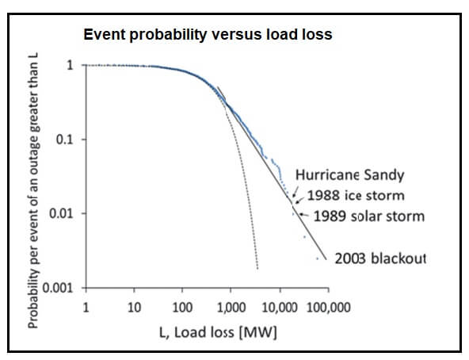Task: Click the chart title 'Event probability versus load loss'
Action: (208, 35)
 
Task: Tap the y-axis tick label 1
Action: (70, 65)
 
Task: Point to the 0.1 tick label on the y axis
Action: (65, 140)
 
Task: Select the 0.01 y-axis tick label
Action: (61, 213)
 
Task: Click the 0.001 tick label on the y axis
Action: (58, 288)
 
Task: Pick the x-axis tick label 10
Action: (134, 308)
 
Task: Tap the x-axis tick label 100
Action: (182, 308)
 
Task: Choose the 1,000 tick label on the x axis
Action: (231, 308)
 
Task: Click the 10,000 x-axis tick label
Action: (280, 308)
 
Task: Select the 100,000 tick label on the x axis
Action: (329, 308)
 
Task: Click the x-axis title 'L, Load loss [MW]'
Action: (218, 332)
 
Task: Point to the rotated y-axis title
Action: (33, 191)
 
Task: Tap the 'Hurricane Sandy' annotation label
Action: (349, 175)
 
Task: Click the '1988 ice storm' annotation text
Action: (356, 196)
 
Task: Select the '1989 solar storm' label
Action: (369, 216)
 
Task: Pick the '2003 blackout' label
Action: (380, 259)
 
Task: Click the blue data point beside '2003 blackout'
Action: (318, 259)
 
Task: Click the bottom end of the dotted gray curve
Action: (257, 268)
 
